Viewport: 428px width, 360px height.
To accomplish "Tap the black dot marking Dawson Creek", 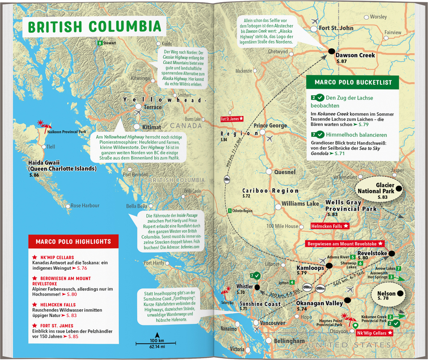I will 331,51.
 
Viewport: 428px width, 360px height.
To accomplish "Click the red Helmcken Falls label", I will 330,226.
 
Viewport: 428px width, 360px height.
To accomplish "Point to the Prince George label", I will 270,125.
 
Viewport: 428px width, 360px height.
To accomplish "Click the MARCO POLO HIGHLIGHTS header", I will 73,241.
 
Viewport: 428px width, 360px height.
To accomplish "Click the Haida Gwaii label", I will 62,166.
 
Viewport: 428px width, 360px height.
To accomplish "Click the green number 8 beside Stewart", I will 99,43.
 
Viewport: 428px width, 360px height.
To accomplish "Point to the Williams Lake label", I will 300,203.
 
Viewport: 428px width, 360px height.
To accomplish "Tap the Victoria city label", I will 237,349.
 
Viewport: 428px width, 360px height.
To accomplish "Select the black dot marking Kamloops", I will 329,265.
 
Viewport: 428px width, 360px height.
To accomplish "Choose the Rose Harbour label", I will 85,206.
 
